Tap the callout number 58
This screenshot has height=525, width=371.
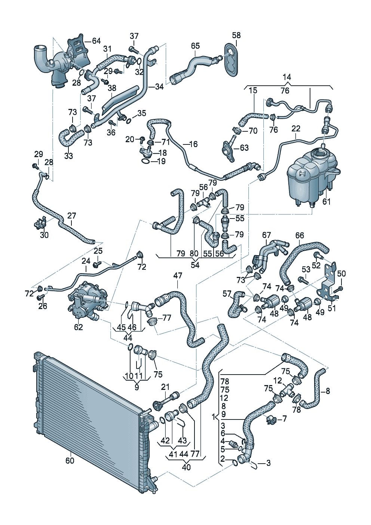[236, 36]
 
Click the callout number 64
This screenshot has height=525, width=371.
[96, 41]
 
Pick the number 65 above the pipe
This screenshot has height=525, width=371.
[195, 46]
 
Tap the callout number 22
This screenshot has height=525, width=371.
[296, 128]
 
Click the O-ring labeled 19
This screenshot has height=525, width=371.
[145, 162]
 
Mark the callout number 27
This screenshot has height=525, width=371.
[72, 216]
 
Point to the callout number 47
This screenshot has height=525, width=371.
[178, 275]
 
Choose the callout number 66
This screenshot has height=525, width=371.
[300, 235]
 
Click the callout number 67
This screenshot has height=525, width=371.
[266, 235]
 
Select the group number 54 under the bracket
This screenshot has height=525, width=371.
[195, 265]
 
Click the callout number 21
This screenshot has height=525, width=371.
[165, 387]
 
